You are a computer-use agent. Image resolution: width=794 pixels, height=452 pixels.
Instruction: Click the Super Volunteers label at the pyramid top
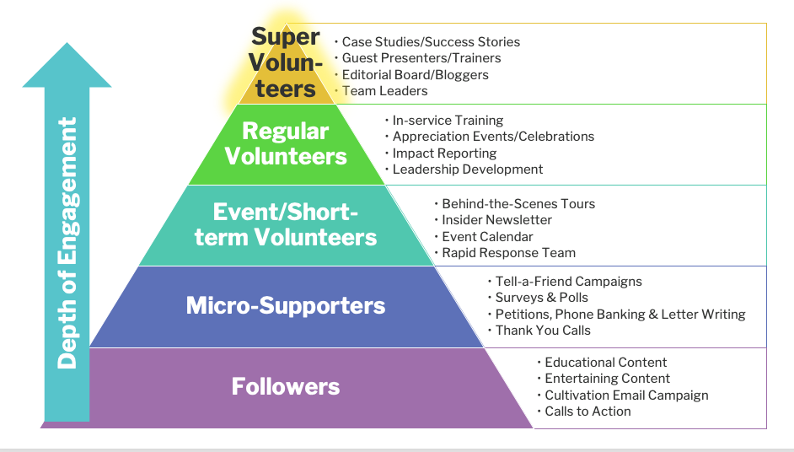[286, 62]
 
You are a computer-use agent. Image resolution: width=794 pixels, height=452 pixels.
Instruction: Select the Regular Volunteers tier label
[286, 143]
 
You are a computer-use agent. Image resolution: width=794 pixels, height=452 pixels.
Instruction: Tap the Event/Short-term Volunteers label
[286, 224]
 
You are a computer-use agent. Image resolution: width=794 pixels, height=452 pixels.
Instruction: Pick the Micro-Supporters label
[286, 305]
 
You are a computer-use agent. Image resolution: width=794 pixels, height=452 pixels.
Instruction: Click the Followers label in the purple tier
[286, 386]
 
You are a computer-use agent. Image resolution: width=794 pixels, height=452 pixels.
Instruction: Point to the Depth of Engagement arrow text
[67, 243]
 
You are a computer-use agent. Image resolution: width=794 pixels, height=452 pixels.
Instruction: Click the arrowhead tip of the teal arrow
[67, 43]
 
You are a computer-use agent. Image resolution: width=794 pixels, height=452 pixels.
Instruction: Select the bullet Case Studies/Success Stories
[431, 42]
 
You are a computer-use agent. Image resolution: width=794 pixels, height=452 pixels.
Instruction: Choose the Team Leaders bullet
[384, 91]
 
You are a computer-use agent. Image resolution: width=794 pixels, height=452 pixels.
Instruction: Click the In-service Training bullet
[448, 121]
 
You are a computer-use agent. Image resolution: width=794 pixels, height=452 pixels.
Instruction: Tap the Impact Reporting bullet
[444, 153]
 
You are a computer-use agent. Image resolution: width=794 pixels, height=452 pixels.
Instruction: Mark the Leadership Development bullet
[468, 169]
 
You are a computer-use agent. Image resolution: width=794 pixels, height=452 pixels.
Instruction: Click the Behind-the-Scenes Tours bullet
[518, 204]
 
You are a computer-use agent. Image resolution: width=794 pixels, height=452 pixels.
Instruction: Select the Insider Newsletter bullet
[496, 220]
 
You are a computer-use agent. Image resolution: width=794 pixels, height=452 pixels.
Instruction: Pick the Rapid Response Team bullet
[508, 253]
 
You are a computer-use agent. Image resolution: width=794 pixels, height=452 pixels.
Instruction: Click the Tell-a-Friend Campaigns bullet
[568, 281]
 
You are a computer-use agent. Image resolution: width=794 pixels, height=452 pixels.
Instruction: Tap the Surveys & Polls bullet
[541, 298]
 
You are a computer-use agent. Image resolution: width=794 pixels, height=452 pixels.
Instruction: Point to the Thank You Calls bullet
[543, 331]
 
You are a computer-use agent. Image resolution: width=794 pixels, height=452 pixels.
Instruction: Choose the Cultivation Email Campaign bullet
[626, 395]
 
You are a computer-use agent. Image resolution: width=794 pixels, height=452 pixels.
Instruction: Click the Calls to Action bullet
[587, 412]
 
